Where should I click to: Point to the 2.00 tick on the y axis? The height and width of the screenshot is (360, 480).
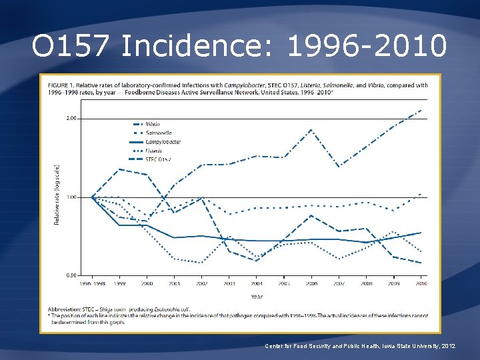(72, 119)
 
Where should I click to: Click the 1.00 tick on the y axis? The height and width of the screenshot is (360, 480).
(72, 197)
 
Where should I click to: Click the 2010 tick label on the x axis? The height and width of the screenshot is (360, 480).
(421, 284)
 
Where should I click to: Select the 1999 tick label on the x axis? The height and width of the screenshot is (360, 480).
(120, 284)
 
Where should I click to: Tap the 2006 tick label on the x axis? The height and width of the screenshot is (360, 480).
(311, 284)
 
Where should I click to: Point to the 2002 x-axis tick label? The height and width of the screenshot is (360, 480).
(202, 284)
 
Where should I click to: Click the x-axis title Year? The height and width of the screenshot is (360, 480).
(257, 297)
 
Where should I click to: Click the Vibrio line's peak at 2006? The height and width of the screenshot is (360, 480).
(311, 129)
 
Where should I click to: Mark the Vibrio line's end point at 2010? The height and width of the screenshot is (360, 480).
(421, 110)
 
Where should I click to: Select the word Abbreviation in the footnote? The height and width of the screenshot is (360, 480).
(65, 309)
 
